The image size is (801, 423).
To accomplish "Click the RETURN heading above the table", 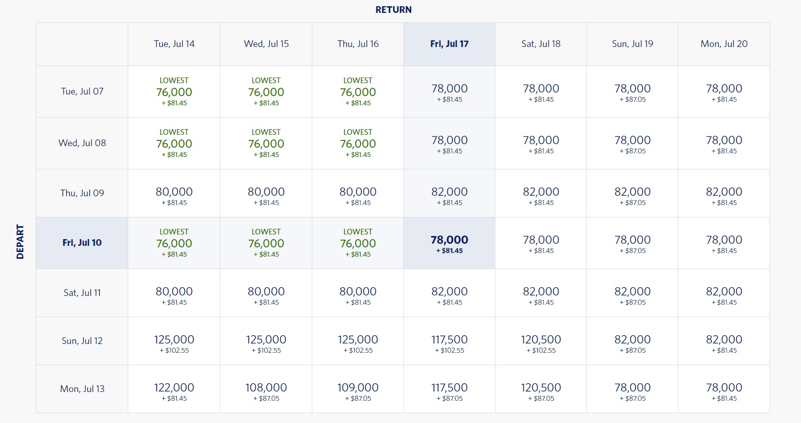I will (x=394, y=10).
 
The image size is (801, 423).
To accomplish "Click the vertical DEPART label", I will (x=20, y=241).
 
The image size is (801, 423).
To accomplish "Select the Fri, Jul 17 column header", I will (x=449, y=44).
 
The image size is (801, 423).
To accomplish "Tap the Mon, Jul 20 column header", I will (x=724, y=44).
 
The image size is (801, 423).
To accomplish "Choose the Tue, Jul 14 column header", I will (x=174, y=44).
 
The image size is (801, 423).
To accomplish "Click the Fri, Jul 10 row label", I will (x=82, y=243).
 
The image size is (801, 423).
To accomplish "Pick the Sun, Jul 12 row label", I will (x=82, y=341).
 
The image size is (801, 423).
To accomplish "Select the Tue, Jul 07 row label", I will (x=82, y=91).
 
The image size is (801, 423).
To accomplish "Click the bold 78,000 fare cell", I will (x=449, y=243).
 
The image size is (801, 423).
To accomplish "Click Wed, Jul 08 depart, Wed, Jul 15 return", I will (x=266, y=143).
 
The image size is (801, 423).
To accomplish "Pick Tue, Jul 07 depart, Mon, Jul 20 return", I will (x=724, y=91).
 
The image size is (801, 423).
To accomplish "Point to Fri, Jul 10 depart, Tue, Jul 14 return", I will (x=174, y=243).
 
